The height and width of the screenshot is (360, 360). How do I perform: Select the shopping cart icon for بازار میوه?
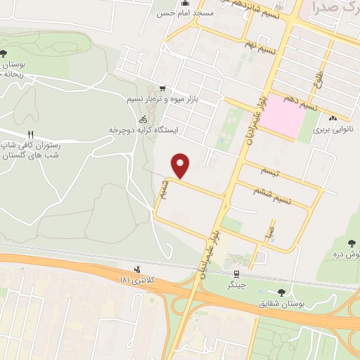tap(163, 89)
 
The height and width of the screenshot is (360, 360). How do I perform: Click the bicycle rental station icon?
tap(143, 120)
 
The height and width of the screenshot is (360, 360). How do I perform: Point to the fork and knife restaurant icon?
tap(30, 134)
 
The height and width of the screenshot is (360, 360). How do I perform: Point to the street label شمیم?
tap(164, 188)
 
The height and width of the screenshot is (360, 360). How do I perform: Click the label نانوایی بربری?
tap(331, 131)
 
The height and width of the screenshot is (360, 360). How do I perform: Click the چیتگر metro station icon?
tap(236, 274)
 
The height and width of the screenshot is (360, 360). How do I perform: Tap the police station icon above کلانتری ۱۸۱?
tap(137, 269)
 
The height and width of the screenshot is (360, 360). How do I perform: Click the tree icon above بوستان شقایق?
tap(283, 292)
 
